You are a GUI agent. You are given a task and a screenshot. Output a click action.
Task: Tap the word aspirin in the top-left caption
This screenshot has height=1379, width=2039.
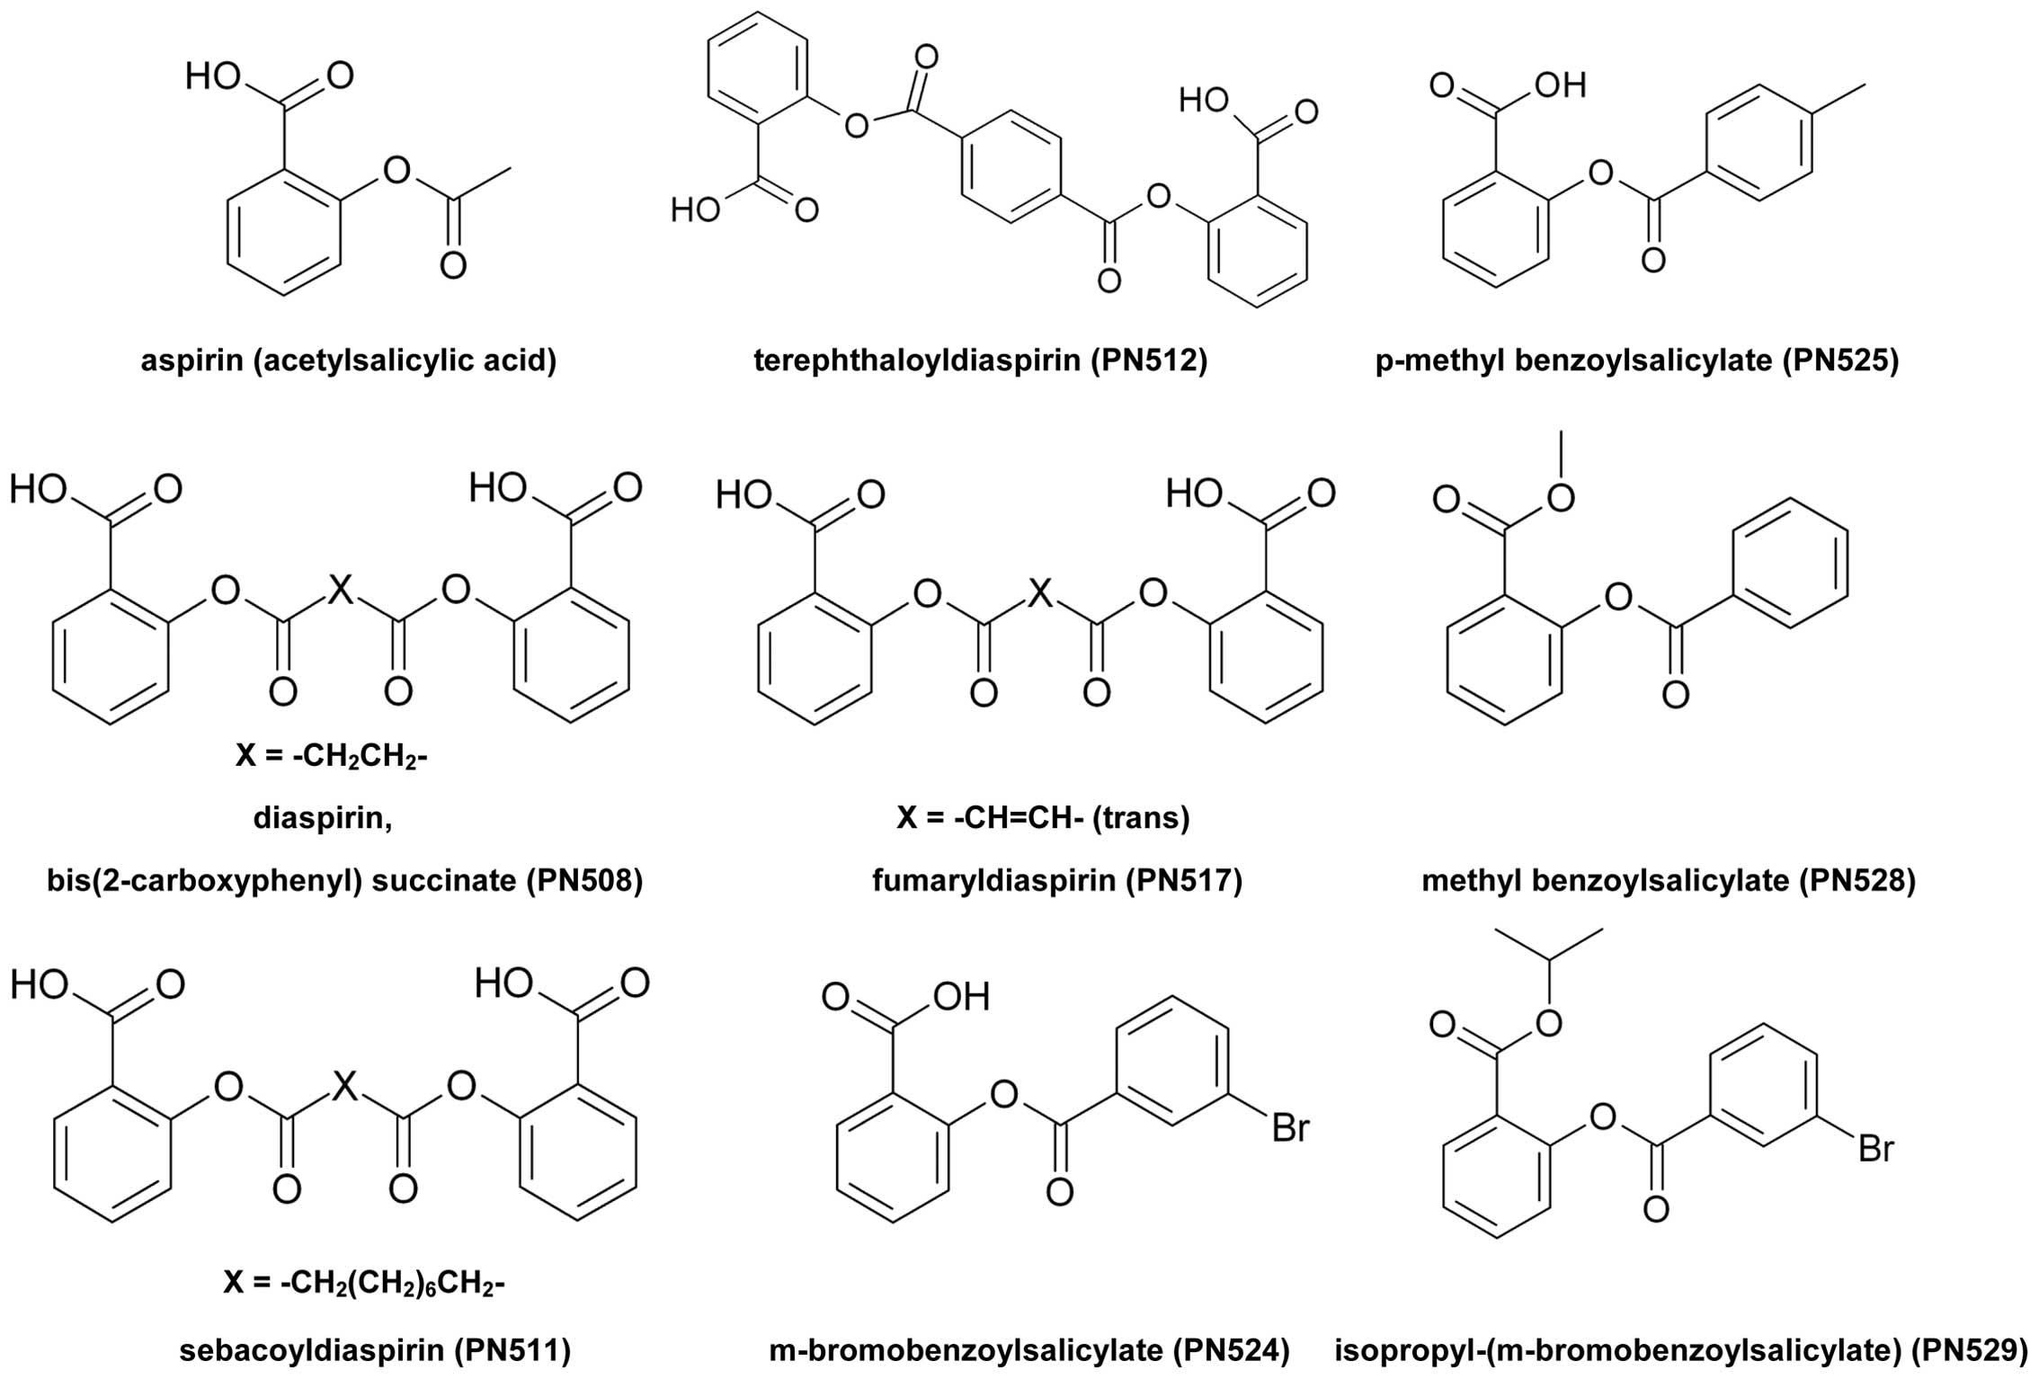coord(191,360)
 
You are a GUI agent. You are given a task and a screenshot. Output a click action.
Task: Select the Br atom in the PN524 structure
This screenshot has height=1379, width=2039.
coord(1290,1128)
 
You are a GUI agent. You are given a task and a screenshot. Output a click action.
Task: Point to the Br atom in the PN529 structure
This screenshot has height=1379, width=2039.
coord(1876,1150)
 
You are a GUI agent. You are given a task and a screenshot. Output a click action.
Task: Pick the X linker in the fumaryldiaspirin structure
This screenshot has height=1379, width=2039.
coord(1039,592)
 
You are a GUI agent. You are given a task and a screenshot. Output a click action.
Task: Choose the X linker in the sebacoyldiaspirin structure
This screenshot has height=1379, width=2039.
coord(344,1089)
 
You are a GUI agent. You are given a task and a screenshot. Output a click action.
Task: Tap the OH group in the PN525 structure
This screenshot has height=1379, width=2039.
coord(1560,86)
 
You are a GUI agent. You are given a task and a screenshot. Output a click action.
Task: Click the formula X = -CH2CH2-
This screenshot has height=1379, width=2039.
coord(331,756)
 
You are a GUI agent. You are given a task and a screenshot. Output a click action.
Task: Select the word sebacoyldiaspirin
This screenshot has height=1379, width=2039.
coord(311,1350)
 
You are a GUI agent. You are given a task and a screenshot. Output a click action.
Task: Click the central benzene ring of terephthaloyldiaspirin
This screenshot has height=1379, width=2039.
coord(1011,167)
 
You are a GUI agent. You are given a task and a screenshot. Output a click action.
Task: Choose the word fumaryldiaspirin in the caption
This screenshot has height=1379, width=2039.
coord(993,881)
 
